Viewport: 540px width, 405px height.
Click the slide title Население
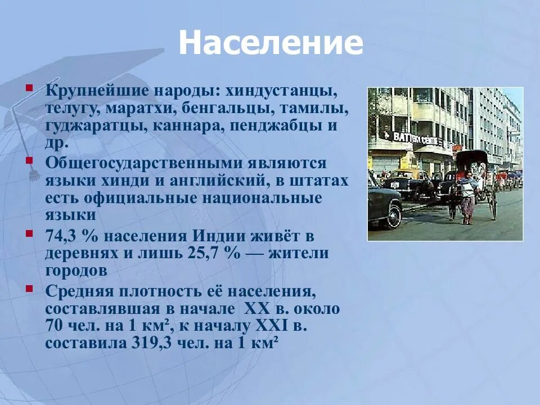271,43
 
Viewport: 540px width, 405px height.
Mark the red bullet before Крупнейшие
29,88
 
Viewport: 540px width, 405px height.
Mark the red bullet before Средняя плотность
29,290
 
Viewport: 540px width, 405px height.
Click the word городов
76,271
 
